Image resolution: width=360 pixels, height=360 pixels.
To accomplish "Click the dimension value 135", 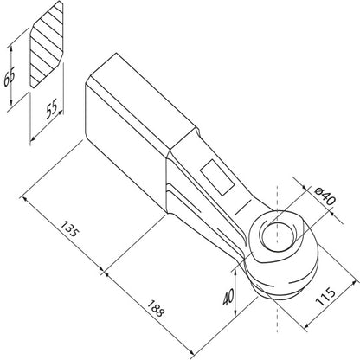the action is pos(69,228).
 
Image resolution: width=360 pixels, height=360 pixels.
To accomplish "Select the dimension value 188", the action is pos(156,308).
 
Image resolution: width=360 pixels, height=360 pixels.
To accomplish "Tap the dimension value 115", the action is pos(325,296).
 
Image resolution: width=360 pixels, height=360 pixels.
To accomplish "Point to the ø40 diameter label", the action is pos(325,196).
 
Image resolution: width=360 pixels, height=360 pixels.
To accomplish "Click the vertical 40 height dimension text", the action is pos(228,297).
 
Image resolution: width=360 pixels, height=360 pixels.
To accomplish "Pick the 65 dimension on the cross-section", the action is pos(9,78).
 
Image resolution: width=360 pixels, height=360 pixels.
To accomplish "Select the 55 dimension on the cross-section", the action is pos(52,109).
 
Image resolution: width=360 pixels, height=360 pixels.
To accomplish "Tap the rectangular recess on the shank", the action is pos(217,177).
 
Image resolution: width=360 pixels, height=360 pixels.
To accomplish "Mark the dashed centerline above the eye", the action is pos(277,199).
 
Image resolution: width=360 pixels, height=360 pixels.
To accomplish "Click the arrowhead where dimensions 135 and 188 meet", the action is pos(102,271).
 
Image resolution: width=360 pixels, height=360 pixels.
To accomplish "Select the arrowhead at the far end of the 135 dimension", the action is pos(24,199).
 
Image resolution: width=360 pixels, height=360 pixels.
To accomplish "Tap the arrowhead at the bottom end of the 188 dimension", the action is pos(190,351).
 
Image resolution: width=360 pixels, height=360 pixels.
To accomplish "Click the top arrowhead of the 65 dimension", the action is pos(11,48).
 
